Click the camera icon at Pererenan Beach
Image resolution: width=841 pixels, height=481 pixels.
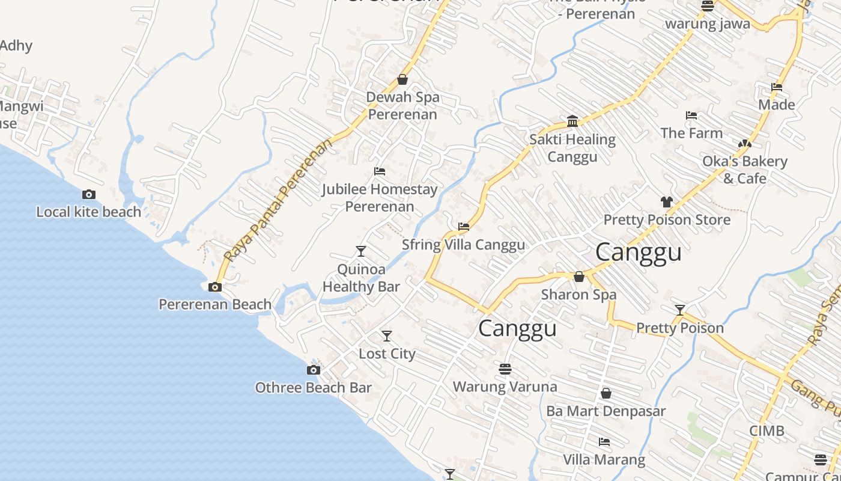(215, 287)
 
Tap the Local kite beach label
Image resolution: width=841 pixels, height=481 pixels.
(89, 212)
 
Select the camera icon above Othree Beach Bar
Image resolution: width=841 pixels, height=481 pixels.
(314, 370)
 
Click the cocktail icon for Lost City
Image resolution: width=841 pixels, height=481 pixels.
(387, 336)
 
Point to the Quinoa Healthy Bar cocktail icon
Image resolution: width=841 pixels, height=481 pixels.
(361, 251)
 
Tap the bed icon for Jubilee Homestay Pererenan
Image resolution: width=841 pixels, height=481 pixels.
(380, 171)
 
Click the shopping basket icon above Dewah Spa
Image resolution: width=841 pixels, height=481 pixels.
(402, 79)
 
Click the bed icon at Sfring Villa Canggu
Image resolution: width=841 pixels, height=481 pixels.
(464, 227)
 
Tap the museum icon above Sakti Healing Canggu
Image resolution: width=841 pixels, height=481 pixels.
(572, 121)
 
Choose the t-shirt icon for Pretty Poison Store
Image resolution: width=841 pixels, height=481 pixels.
(667, 202)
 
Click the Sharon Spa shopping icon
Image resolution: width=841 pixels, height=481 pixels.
(579, 277)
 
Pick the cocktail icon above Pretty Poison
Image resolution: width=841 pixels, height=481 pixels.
(680, 310)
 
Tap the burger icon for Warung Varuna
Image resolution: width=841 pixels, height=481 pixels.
(505, 368)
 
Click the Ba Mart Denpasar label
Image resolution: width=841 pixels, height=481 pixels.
(606, 411)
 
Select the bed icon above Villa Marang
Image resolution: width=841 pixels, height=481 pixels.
(604, 442)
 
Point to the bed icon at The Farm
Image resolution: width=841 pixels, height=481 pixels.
(691, 115)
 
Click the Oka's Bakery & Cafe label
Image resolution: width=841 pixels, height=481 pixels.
(745, 170)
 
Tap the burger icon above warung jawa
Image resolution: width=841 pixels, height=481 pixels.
(708, 6)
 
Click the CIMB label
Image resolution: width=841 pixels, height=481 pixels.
(767, 430)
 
